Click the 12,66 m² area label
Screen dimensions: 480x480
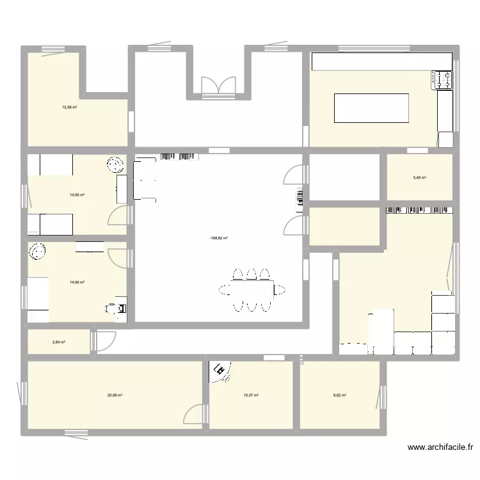[69, 108]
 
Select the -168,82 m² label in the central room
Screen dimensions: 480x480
[218, 238]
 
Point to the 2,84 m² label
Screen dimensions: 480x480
[59, 342]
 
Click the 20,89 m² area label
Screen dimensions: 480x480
[115, 396]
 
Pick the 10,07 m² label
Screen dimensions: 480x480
[251, 396]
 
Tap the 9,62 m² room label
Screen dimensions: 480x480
[339, 396]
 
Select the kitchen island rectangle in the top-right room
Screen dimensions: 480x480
[371, 108]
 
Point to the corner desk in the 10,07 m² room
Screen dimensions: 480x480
[221, 371]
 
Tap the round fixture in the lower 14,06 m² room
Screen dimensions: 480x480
[36, 252]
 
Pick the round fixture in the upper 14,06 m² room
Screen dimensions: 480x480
[116, 165]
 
